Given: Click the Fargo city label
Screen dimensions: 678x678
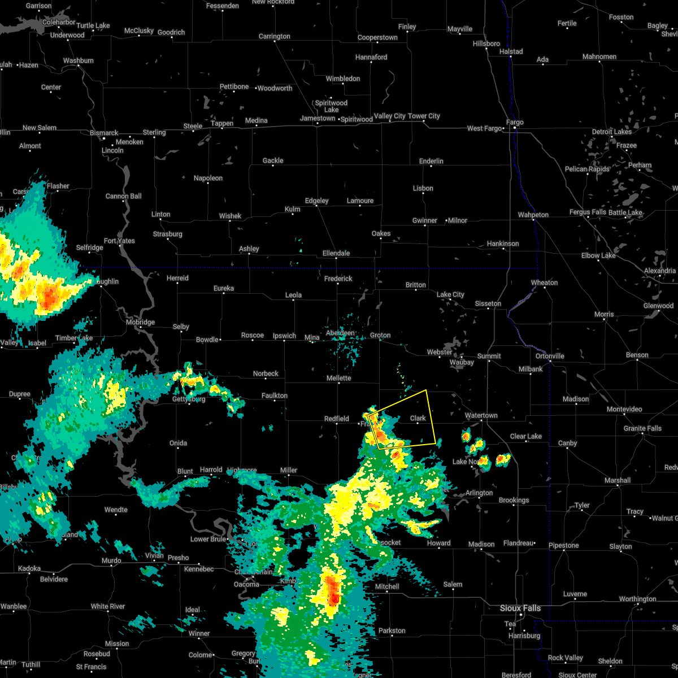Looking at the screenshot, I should click(515, 122).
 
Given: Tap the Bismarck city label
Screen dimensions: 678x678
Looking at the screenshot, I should click(104, 133).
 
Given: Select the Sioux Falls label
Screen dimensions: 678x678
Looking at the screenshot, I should click(520, 608).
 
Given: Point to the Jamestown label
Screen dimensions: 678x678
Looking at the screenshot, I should click(318, 119).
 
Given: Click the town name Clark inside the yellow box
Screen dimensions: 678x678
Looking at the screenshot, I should click(418, 418).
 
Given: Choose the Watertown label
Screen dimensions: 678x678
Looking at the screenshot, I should click(481, 415).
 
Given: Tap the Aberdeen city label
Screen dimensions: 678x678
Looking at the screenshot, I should click(340, 333).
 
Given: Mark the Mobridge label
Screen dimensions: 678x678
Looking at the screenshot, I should click(140, 322).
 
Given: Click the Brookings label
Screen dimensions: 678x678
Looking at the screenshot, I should click(514, 500).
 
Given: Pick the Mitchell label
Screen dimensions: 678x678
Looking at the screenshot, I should click(387, 586).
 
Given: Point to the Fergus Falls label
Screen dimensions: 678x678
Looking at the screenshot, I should click(588, 212).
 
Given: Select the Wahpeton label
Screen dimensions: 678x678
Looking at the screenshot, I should click(533, 215).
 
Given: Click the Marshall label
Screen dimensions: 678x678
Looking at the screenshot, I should click(617, 480).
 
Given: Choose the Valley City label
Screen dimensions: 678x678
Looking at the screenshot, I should click(390, 116).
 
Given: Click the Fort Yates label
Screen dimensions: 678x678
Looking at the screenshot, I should click(119, 241).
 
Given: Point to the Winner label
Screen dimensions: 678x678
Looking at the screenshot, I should click(199, 633).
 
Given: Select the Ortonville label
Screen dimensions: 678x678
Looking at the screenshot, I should click(550, 356).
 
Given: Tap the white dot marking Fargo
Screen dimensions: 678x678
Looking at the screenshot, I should click(515, 128).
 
